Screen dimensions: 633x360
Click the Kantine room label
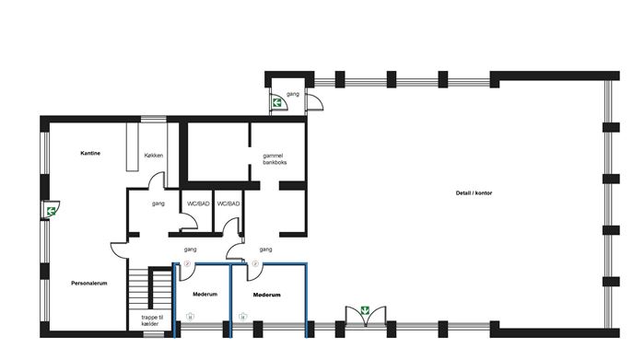90,154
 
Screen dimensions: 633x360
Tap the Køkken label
154,156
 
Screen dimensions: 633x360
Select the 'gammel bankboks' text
275,159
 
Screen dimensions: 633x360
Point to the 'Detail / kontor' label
474,193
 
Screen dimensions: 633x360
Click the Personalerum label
89,284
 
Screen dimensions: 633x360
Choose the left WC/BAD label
198,203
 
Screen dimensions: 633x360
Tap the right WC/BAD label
229,203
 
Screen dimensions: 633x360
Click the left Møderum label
205,295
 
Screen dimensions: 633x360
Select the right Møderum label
267,295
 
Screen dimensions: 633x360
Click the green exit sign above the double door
365,310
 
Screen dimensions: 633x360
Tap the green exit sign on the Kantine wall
51,211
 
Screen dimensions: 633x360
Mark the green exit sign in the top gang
277,102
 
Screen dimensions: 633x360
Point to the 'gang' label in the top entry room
293,94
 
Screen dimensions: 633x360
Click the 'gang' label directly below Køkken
158,203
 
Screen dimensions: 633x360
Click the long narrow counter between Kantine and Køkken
132,146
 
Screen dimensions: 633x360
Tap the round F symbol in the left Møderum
187,263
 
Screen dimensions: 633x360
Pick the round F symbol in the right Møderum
255,263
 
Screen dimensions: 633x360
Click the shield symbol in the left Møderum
190,317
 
